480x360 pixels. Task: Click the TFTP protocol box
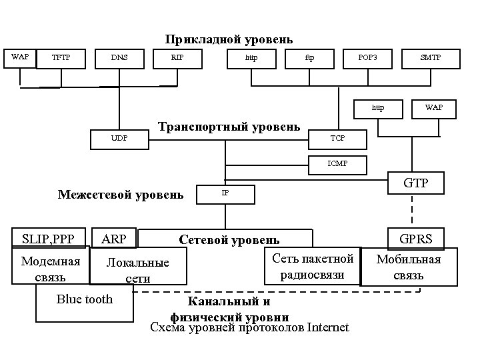point(61,58)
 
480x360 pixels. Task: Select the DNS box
point(119,58)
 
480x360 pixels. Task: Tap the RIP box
point(177,58)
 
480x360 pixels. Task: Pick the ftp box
point(309,58)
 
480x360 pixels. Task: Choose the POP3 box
point(367,58)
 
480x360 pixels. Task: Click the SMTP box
point(430,58)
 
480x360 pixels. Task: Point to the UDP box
point(119,138)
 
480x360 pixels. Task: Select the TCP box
point(338,138)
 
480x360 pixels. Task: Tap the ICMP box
point(337,163)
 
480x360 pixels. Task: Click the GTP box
point(416,183)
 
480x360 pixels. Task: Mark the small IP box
point(225,193)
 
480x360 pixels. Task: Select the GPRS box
point(416,239)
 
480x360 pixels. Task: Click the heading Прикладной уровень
point(229,40)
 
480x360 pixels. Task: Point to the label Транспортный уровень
point(229,127)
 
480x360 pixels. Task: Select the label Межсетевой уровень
point(121,195)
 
